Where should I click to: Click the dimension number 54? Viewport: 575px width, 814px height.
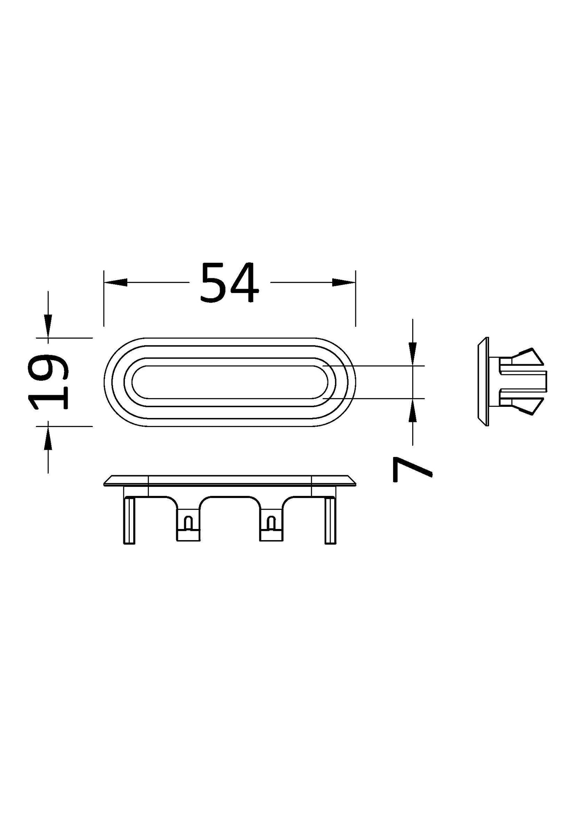[x=229, y=283]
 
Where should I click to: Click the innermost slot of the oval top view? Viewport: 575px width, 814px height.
[x=230, y=381]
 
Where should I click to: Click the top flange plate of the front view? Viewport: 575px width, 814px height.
[x=230, y=480]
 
